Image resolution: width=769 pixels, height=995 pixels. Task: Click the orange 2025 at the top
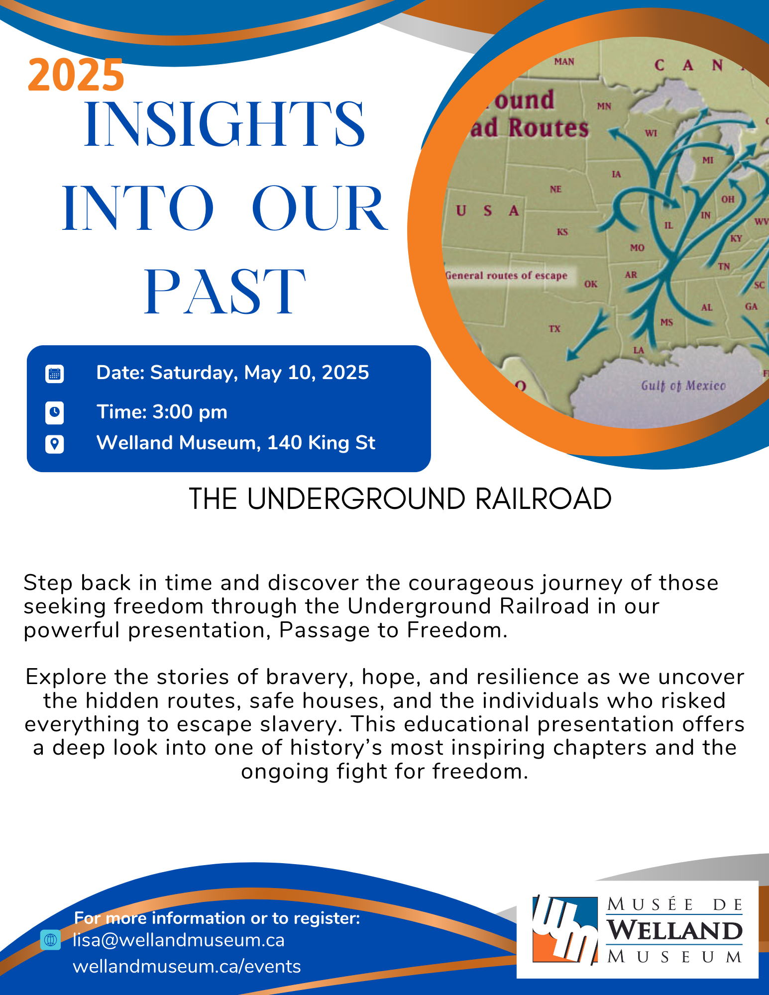76,75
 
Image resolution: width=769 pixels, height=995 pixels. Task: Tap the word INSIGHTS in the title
225,124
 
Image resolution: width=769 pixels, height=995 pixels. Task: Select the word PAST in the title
224,292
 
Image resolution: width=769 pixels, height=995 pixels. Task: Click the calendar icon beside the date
54,374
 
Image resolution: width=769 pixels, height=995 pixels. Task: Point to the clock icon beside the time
54,412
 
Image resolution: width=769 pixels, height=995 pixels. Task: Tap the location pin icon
54,444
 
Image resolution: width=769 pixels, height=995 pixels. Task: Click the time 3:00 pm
190,412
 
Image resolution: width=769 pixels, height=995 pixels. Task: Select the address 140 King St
321,443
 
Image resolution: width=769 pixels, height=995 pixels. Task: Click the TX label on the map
554,329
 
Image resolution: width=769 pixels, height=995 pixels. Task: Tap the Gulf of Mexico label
683,386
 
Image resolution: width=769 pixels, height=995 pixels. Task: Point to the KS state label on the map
562,232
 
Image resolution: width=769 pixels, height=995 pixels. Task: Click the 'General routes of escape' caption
506,276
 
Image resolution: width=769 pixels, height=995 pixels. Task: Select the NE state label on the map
555,189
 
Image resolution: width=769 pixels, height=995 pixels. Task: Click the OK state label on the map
591,284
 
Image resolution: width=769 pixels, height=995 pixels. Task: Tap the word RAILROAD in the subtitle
543,499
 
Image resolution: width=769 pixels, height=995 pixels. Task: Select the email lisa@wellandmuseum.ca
179,940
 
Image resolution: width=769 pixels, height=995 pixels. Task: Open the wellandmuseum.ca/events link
187,966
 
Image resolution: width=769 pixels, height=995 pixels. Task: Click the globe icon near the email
50,940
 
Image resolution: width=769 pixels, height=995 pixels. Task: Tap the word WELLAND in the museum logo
674,930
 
